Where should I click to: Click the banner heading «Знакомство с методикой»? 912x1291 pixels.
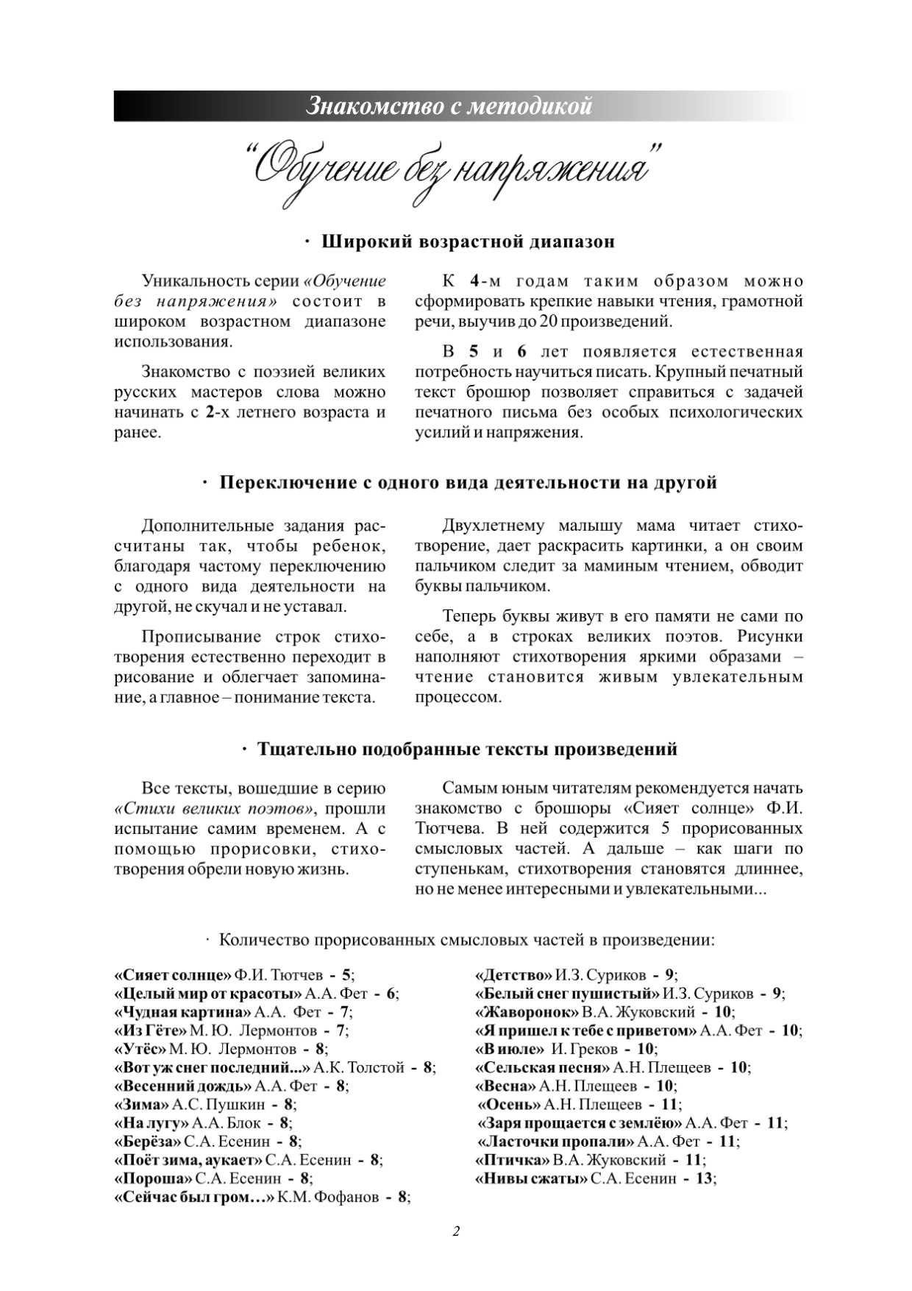point(449,106)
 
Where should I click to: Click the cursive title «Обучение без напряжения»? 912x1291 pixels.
point(452,169)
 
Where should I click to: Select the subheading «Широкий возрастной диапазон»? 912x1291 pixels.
point(469,242)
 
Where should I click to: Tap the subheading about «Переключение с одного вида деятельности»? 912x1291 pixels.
point(468,483)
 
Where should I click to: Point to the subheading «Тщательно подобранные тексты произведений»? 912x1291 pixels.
point(467,749)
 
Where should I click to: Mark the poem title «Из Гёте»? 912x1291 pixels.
point(151,1030)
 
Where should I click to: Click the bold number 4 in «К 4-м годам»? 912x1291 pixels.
point(475,281)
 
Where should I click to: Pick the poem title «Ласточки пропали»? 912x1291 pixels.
point(556,1142)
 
